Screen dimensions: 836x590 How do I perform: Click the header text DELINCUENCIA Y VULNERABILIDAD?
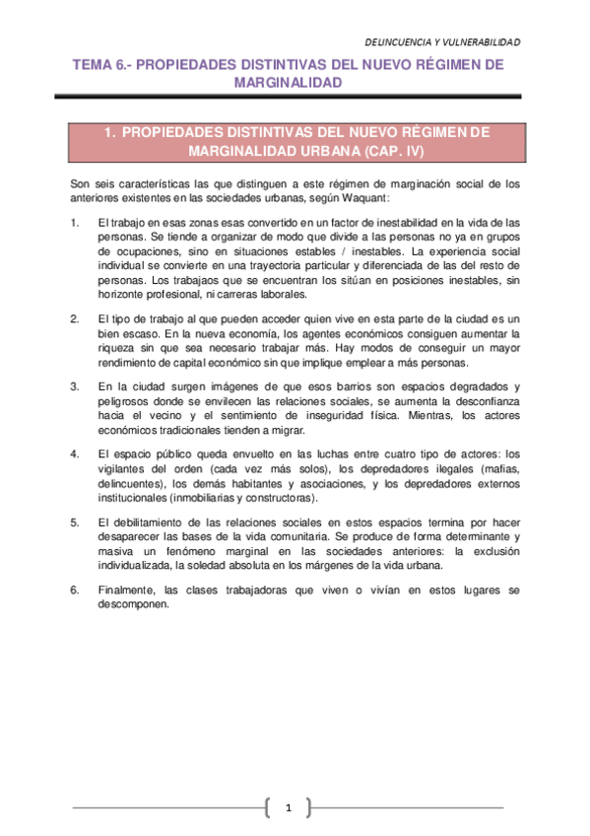point(442,42)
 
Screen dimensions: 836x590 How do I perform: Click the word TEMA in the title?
point(96,64)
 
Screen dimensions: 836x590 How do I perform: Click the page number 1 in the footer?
point(289,808)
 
